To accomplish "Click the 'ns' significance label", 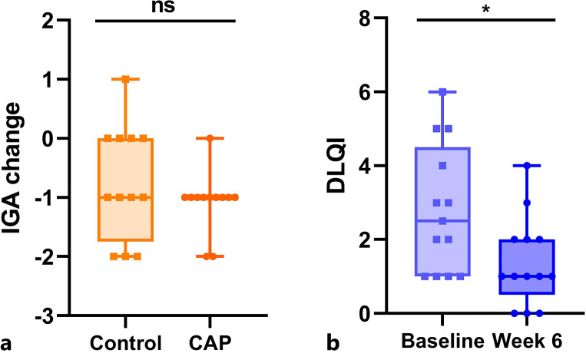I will click(165, 7).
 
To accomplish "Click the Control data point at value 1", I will click(126, 79).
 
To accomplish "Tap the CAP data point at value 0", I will click(210, 138).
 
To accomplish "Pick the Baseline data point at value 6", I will click(443, 92).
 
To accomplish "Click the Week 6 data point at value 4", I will click(527, 166).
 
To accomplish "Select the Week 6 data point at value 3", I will click(527, 203).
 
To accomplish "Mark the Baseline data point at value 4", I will click(443, 166).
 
